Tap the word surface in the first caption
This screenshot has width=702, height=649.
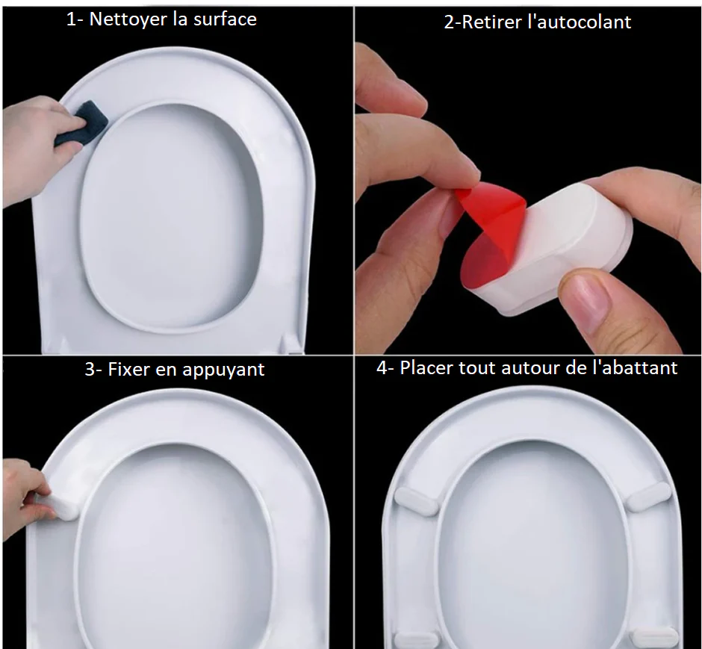pos(223,19)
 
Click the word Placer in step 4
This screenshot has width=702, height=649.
pos(426,367)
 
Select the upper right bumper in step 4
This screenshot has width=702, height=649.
pos(647,496)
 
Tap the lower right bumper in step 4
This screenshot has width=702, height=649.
pos(655,637)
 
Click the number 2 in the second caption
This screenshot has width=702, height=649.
pos(449,22)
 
